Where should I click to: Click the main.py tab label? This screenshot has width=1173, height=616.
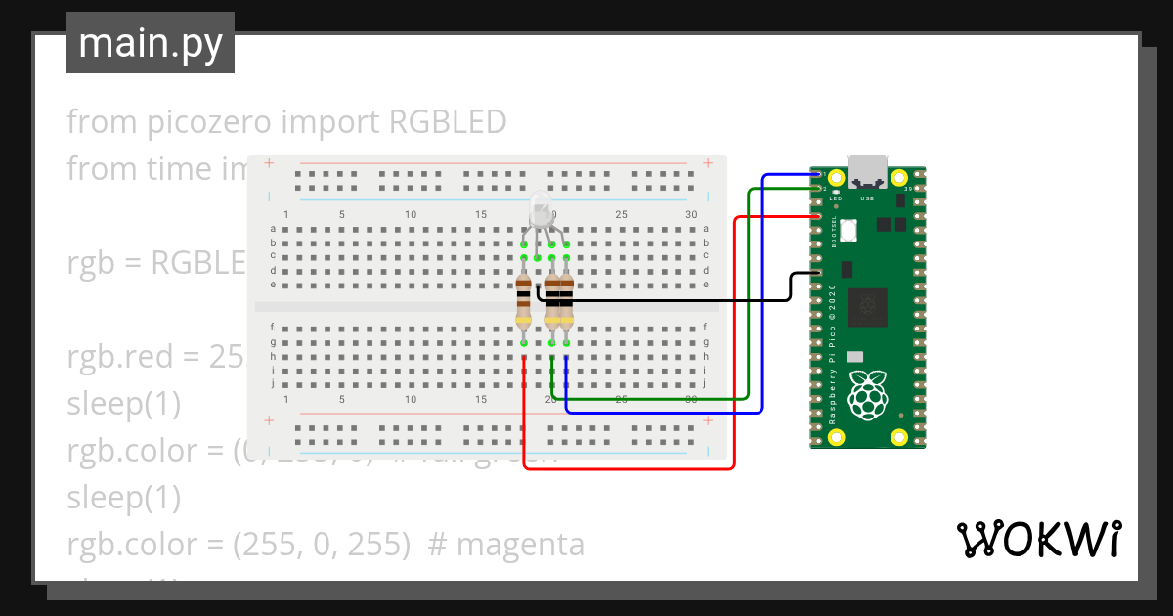(150, 43)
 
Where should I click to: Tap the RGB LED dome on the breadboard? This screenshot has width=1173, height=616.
(542, 207)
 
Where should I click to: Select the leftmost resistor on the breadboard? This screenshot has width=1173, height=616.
(524, 300)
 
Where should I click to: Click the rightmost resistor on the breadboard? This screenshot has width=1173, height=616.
(566, 300)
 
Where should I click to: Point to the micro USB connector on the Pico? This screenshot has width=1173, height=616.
(867, 171)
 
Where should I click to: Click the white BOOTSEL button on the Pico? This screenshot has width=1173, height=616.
(847, 231)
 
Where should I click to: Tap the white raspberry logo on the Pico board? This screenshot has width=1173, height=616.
(867, 396)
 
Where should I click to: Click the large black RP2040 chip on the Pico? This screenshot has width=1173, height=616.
(867, 308)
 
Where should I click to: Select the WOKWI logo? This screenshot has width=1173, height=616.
(1037, 539)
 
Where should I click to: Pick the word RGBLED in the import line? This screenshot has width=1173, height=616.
(448, 122)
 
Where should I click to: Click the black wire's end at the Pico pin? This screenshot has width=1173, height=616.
(816, 273)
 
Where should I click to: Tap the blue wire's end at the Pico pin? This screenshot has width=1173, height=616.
(817, 175)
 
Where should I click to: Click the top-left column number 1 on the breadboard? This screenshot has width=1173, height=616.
(285, 214)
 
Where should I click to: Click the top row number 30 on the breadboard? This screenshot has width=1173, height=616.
(691, 214)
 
